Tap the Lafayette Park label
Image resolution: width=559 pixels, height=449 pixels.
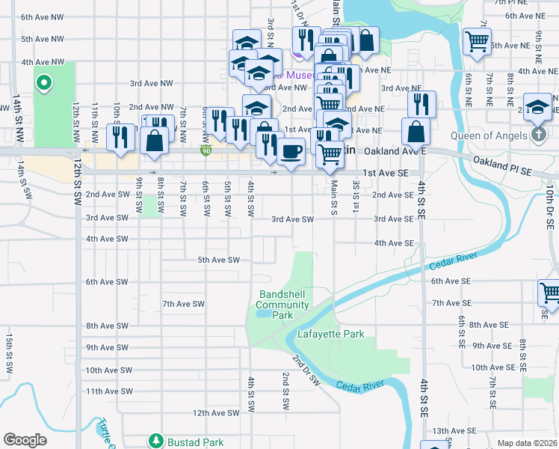pyautogui.click(x=330, y=334)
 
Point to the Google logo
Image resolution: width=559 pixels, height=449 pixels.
pyautogui.click(x=25, y=439)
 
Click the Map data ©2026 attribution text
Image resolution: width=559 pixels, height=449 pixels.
pyautogui.click(x=527, y=443)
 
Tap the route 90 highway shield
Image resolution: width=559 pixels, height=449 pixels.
pyautogui.click(x=205, y=152)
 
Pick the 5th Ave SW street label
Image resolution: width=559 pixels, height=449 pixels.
pyautogui.click(x=218, y=260)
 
